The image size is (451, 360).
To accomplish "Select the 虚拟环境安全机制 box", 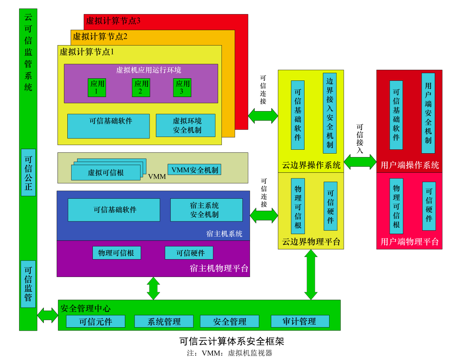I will pos(185,126).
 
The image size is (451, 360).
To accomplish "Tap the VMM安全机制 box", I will pos(194,170).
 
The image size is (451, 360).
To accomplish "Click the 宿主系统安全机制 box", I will pos(206,210).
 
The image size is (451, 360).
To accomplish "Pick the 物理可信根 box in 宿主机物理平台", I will pos(116,253).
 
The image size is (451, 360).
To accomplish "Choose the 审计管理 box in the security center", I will pos(300,321).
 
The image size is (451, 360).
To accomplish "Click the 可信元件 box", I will pos(95,321).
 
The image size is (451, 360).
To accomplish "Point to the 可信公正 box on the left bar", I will pos(28,172).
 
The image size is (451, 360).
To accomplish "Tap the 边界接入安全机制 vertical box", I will pos(330,113).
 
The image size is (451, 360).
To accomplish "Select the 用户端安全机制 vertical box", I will pos(428,113).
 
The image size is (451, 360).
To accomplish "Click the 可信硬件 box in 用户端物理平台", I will pos(429,206).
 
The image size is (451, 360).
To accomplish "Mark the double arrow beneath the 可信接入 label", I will pos(360,162).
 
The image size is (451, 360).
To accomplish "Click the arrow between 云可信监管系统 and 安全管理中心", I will pos(47,315).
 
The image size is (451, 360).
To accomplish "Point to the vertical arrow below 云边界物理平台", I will pos(311,274).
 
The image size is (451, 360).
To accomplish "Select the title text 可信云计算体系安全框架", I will pos(231,341).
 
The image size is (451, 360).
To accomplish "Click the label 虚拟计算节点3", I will pos(113,20).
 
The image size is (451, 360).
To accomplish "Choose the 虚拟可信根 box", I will pos(106,172).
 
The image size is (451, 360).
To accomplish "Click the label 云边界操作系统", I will pos(311,165).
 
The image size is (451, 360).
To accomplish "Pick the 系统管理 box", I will pos(164,321).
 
